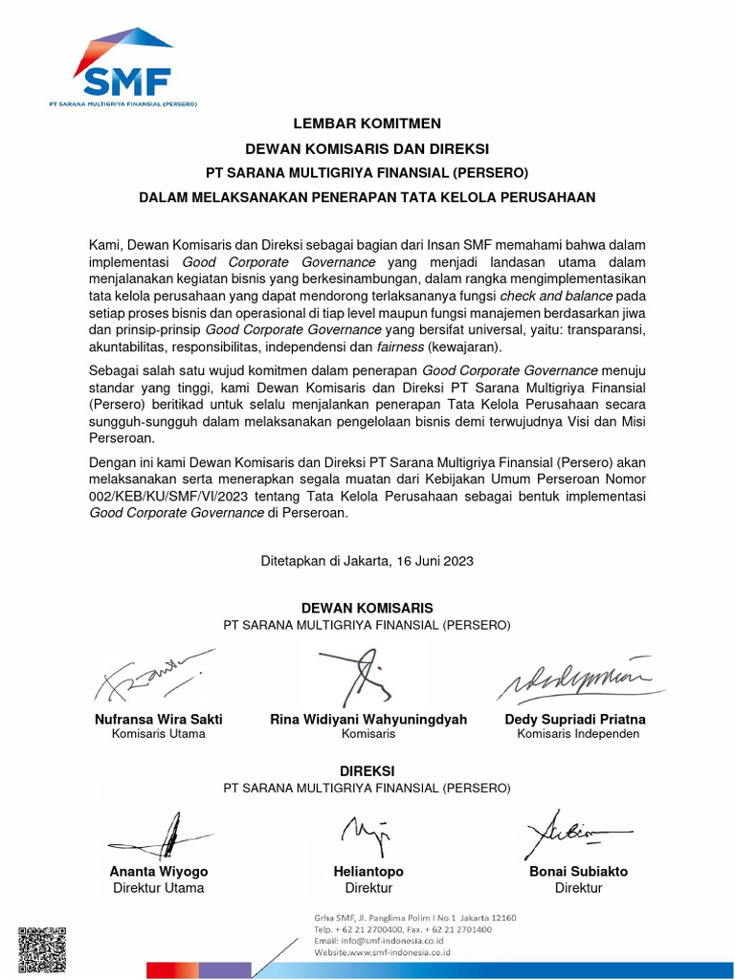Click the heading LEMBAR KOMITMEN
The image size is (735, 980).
[367, 123]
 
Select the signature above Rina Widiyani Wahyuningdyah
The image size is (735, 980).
[355, 676]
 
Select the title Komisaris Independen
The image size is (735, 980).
[578, 734]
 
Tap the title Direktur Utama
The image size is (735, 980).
[159, 887]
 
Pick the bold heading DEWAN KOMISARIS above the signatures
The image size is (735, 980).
[367, 608]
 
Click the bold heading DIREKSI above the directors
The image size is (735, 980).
[367, 770]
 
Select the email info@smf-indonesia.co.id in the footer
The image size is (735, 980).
[388, 941]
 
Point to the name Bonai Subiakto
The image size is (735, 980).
[578, 872]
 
